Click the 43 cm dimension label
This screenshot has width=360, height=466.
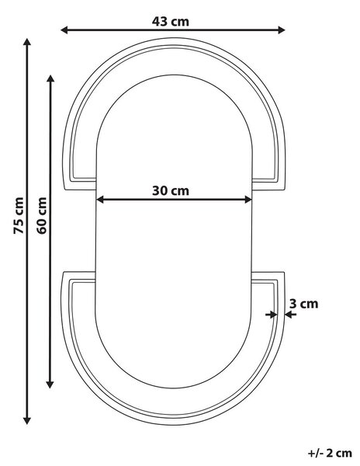tap(171, 22)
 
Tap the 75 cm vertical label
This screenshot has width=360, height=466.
tap(19, 215)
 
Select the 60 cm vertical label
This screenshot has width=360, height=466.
tap(42, 215)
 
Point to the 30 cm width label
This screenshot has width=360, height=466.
tap(171, 191)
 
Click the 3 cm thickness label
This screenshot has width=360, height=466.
tap(303, 304)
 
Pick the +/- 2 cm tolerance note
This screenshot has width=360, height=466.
tap(330, 454)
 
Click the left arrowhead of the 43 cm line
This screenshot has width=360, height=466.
tap(64, 30)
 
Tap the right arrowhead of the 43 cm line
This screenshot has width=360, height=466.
tap(282, 30)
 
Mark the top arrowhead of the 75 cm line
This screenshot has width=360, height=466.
tap(27, 42)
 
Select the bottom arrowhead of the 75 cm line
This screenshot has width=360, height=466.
tap(27, 420)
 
